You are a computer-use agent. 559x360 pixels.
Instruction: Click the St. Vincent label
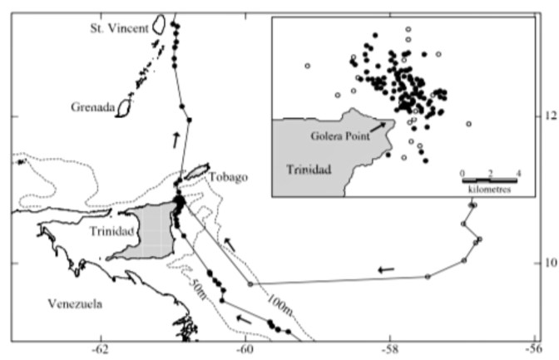[120, 28]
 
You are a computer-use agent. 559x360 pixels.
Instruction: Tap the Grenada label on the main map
[93, 107]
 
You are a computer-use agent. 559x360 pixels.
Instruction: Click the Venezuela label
[74, 303]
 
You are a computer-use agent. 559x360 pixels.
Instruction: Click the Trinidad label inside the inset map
[309, 170]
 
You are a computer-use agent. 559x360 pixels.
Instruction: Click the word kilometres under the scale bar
[489, 189]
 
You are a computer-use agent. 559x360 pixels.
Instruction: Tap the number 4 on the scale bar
[518, 172]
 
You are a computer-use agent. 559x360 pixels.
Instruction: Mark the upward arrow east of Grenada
[176, 139]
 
